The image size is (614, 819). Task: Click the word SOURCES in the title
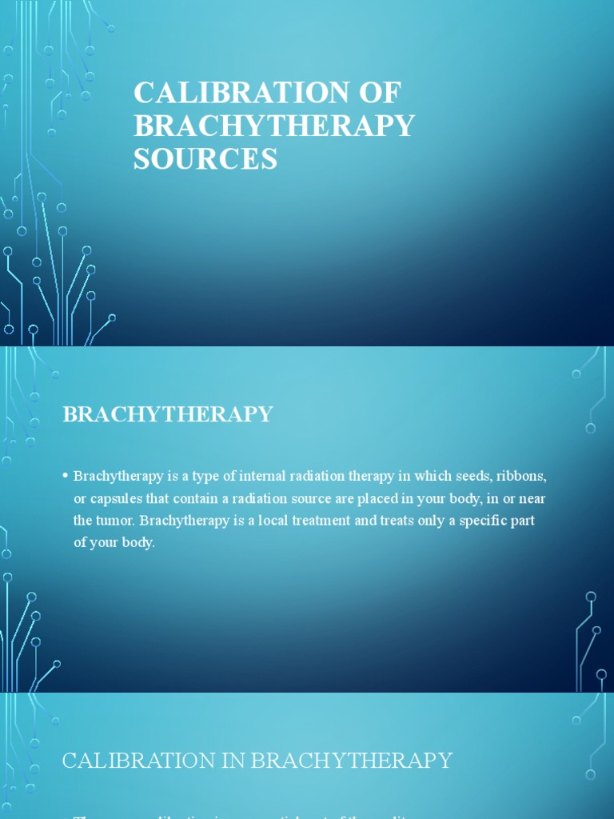pyautogui.click(x=205, y=158)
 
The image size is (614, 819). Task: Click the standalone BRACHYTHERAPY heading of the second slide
pyautogui.click(x=167, y=414)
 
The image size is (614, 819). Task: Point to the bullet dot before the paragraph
pyautogui.click(x=65, y=476)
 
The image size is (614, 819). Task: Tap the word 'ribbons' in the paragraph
pyautogui.click(x=521, y=476)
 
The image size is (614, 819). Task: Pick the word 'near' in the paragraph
pyautogui.click(x=532, y=498)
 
